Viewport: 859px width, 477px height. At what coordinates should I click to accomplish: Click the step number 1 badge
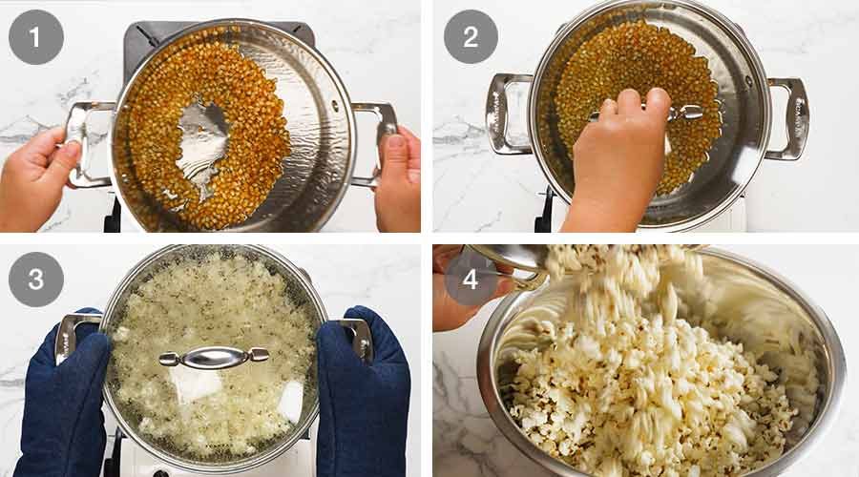coord(36,37)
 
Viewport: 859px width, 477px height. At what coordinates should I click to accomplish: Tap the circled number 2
coord(470,37)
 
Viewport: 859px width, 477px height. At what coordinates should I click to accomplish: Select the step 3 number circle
coord(36,280)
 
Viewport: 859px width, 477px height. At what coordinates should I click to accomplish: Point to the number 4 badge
coord(470,280)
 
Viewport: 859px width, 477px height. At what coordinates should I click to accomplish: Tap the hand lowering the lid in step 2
coord(620,162)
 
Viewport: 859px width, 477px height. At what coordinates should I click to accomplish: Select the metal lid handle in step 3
coord(213,358)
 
